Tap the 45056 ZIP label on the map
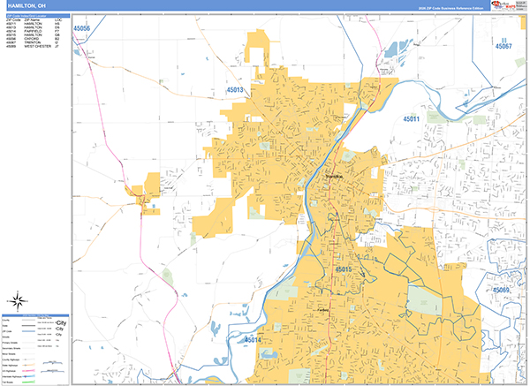click(83, 28)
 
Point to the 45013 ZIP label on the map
click(235, 89)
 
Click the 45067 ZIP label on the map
click(503, 46)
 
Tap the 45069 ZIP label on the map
click(502, 290)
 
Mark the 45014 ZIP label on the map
click(253, 339)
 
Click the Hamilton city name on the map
click(335, 177)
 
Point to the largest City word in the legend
click(60, 324)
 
